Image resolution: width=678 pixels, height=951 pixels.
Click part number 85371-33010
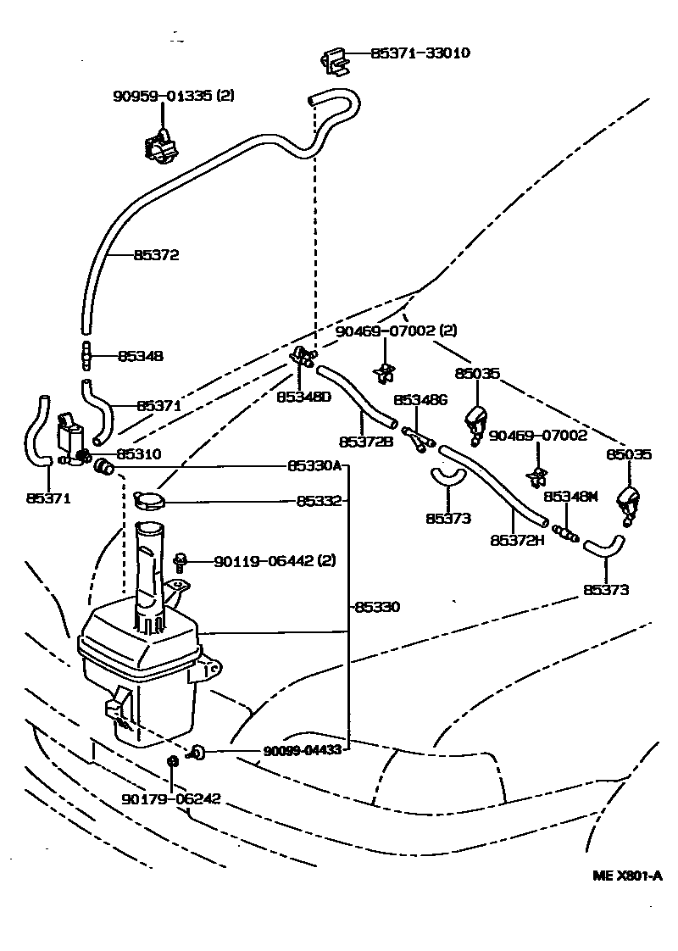click(x=420, y=53)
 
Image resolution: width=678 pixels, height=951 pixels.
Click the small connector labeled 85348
click(x=85, y=356)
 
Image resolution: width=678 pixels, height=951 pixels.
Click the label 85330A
click(x=314, y=466)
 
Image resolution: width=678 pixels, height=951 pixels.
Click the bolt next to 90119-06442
click(x=180, y=560)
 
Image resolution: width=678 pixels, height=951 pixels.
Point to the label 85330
click(x=377, y=607)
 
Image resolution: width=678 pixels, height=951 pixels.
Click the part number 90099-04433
click(x=302, y=750)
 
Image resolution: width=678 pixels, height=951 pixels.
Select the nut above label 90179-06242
click(x=172, y=760)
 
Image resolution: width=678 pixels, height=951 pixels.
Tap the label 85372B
click(x=366, y=442)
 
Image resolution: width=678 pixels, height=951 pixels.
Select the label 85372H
click(x=517, y=539)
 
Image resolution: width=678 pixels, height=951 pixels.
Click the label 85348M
click(x=571, y=497)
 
